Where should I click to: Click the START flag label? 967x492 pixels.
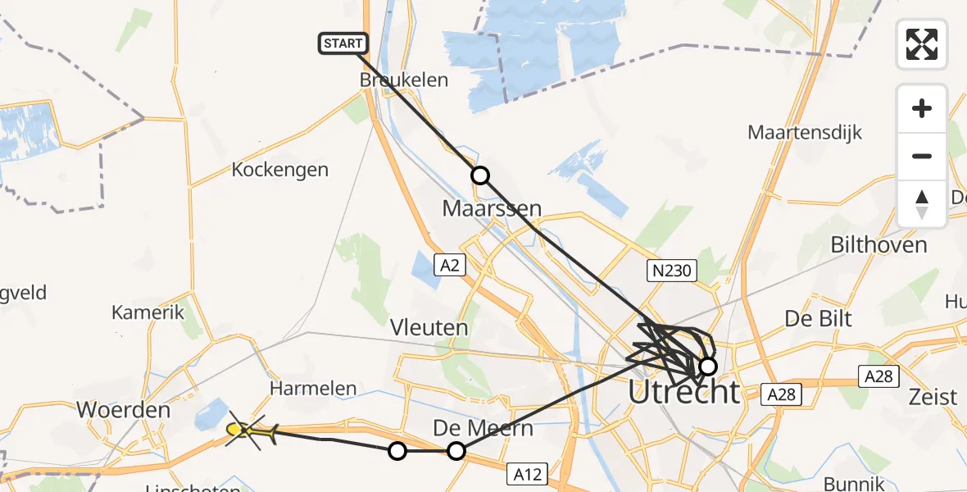tap(343, 43)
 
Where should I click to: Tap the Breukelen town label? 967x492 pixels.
tap(404, 80)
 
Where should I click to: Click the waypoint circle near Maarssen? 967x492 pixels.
tap(479, 175)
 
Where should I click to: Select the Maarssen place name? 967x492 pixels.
tap(492, 208)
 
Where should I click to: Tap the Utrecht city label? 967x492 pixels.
tap(683, 392)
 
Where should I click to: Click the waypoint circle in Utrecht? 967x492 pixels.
tap(708, 366)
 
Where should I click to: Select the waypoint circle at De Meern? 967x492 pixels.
tap(456, 450)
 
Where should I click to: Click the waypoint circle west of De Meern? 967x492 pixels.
tap(397, 450)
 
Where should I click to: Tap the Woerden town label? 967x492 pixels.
tap(122, 409)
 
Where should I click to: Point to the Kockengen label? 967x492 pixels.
tap(279, 170)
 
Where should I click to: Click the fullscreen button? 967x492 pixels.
tap(922, 43)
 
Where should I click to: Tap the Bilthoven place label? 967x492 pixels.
tap(878, 244)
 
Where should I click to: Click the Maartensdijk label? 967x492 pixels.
tap(805, 132)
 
